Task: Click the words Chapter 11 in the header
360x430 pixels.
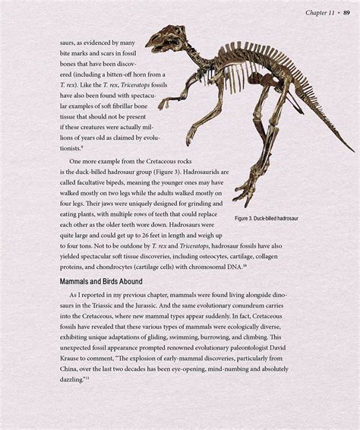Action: (x=320, y=12)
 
